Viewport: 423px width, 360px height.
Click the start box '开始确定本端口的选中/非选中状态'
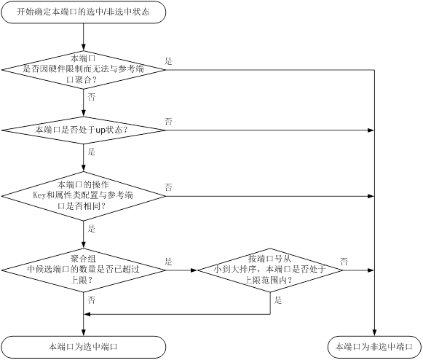(x=83, y=12)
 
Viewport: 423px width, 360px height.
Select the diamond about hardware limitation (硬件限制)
(x=83, y=70)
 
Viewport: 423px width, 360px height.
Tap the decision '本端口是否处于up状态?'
(x=83, y=130)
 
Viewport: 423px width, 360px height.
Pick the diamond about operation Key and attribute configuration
(x=83, y=196)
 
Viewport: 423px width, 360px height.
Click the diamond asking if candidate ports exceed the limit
(x=83, y=270)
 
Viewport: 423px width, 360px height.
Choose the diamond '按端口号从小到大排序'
(x=270, y=270)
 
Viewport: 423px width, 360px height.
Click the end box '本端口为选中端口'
(x=83, y=347)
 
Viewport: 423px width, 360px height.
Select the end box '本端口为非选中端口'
(x=374, y=347)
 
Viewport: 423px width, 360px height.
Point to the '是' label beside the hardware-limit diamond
(x=168, y=61)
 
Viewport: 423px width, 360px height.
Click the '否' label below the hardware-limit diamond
(x=92, y=97)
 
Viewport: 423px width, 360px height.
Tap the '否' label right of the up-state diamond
(x=168, y=122)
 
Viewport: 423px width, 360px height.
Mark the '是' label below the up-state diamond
(x=92, y=152)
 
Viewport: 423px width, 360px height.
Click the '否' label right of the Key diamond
(x=168, y=187)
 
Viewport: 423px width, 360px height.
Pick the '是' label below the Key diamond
(x=92, y=229)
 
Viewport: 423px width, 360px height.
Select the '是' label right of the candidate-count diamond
(x=168, y=262)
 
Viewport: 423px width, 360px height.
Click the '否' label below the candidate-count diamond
(x=92, y=300)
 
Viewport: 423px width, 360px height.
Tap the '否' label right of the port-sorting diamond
(x=344, y=262)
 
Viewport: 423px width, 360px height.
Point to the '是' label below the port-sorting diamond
(x=278, y=300)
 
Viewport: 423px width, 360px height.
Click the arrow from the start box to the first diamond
(x=83, y=37)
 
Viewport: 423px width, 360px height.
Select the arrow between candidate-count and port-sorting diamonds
(x=181, y=270)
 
